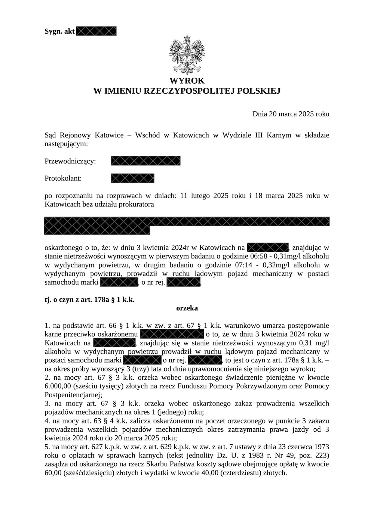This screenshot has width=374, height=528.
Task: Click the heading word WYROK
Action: coord(187,81)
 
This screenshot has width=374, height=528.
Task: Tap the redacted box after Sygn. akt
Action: coord(96,31)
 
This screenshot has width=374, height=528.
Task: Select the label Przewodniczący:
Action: coord(70,161)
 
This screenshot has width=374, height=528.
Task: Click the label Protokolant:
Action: coord(63,178)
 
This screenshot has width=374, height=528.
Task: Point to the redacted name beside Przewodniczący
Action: coord(146,161)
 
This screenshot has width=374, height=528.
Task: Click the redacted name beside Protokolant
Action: coord(132,178)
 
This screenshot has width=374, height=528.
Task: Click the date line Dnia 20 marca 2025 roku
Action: coord(291,114)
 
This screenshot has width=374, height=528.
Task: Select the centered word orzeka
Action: coord(187,308)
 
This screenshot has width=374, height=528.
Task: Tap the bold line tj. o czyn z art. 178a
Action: coord(89,299)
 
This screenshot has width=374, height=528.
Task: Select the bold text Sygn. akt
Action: coord(59,31)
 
